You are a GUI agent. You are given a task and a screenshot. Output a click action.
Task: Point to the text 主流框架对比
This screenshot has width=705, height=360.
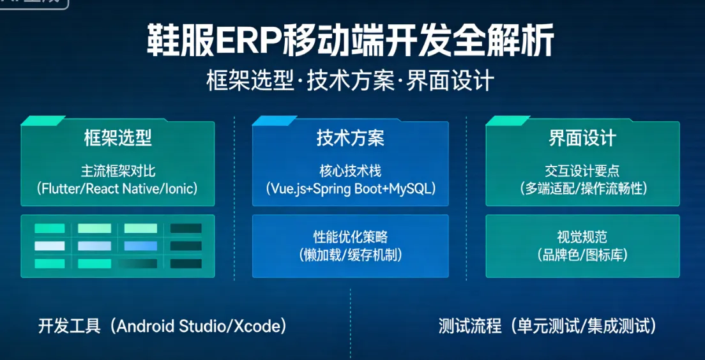117,171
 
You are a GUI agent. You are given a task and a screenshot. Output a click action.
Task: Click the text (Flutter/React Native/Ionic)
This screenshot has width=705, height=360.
117,188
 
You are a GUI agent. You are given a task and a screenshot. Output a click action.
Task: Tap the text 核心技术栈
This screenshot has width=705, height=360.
350,171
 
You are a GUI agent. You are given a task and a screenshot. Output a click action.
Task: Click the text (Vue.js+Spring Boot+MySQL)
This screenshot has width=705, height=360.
350,188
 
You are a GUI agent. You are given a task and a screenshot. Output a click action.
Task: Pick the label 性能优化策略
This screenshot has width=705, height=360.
350,237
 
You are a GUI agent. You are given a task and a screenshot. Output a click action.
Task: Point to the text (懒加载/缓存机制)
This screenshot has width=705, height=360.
350,255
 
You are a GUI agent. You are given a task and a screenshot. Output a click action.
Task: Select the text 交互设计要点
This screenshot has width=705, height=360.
582,171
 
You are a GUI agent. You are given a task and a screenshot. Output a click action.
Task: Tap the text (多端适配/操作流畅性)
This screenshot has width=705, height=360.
582,188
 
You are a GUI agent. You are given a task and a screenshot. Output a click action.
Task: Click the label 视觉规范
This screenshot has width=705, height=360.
582,237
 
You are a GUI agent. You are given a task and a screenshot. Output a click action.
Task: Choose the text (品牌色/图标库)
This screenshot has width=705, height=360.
582,255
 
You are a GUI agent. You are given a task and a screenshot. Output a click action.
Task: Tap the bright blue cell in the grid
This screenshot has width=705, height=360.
140,246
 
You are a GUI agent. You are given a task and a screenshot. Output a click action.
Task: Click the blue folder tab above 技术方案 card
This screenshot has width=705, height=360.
275,121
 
